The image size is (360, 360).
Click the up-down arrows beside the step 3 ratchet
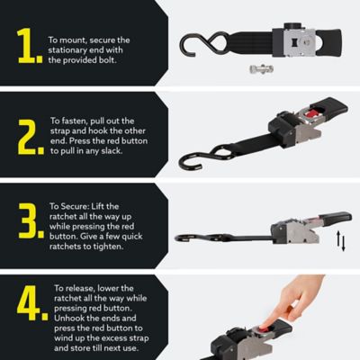point(341,239)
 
